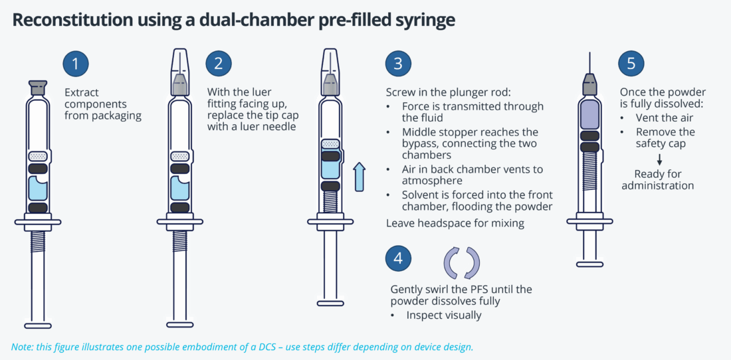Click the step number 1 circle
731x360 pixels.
point(75,64)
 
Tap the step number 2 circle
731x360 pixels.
point(219,64)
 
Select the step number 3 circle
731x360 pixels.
point(397,64)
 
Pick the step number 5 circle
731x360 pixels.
point(631,64)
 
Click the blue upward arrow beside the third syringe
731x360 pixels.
point(360,177)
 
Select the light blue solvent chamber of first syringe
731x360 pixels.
point(38,189)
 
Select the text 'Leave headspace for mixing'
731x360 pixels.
point(455,223)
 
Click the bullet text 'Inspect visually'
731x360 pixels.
point(444,315)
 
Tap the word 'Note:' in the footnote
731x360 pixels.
point(24,347)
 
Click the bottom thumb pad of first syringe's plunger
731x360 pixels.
point(38,324)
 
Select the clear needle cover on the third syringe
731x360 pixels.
point(330,63)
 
